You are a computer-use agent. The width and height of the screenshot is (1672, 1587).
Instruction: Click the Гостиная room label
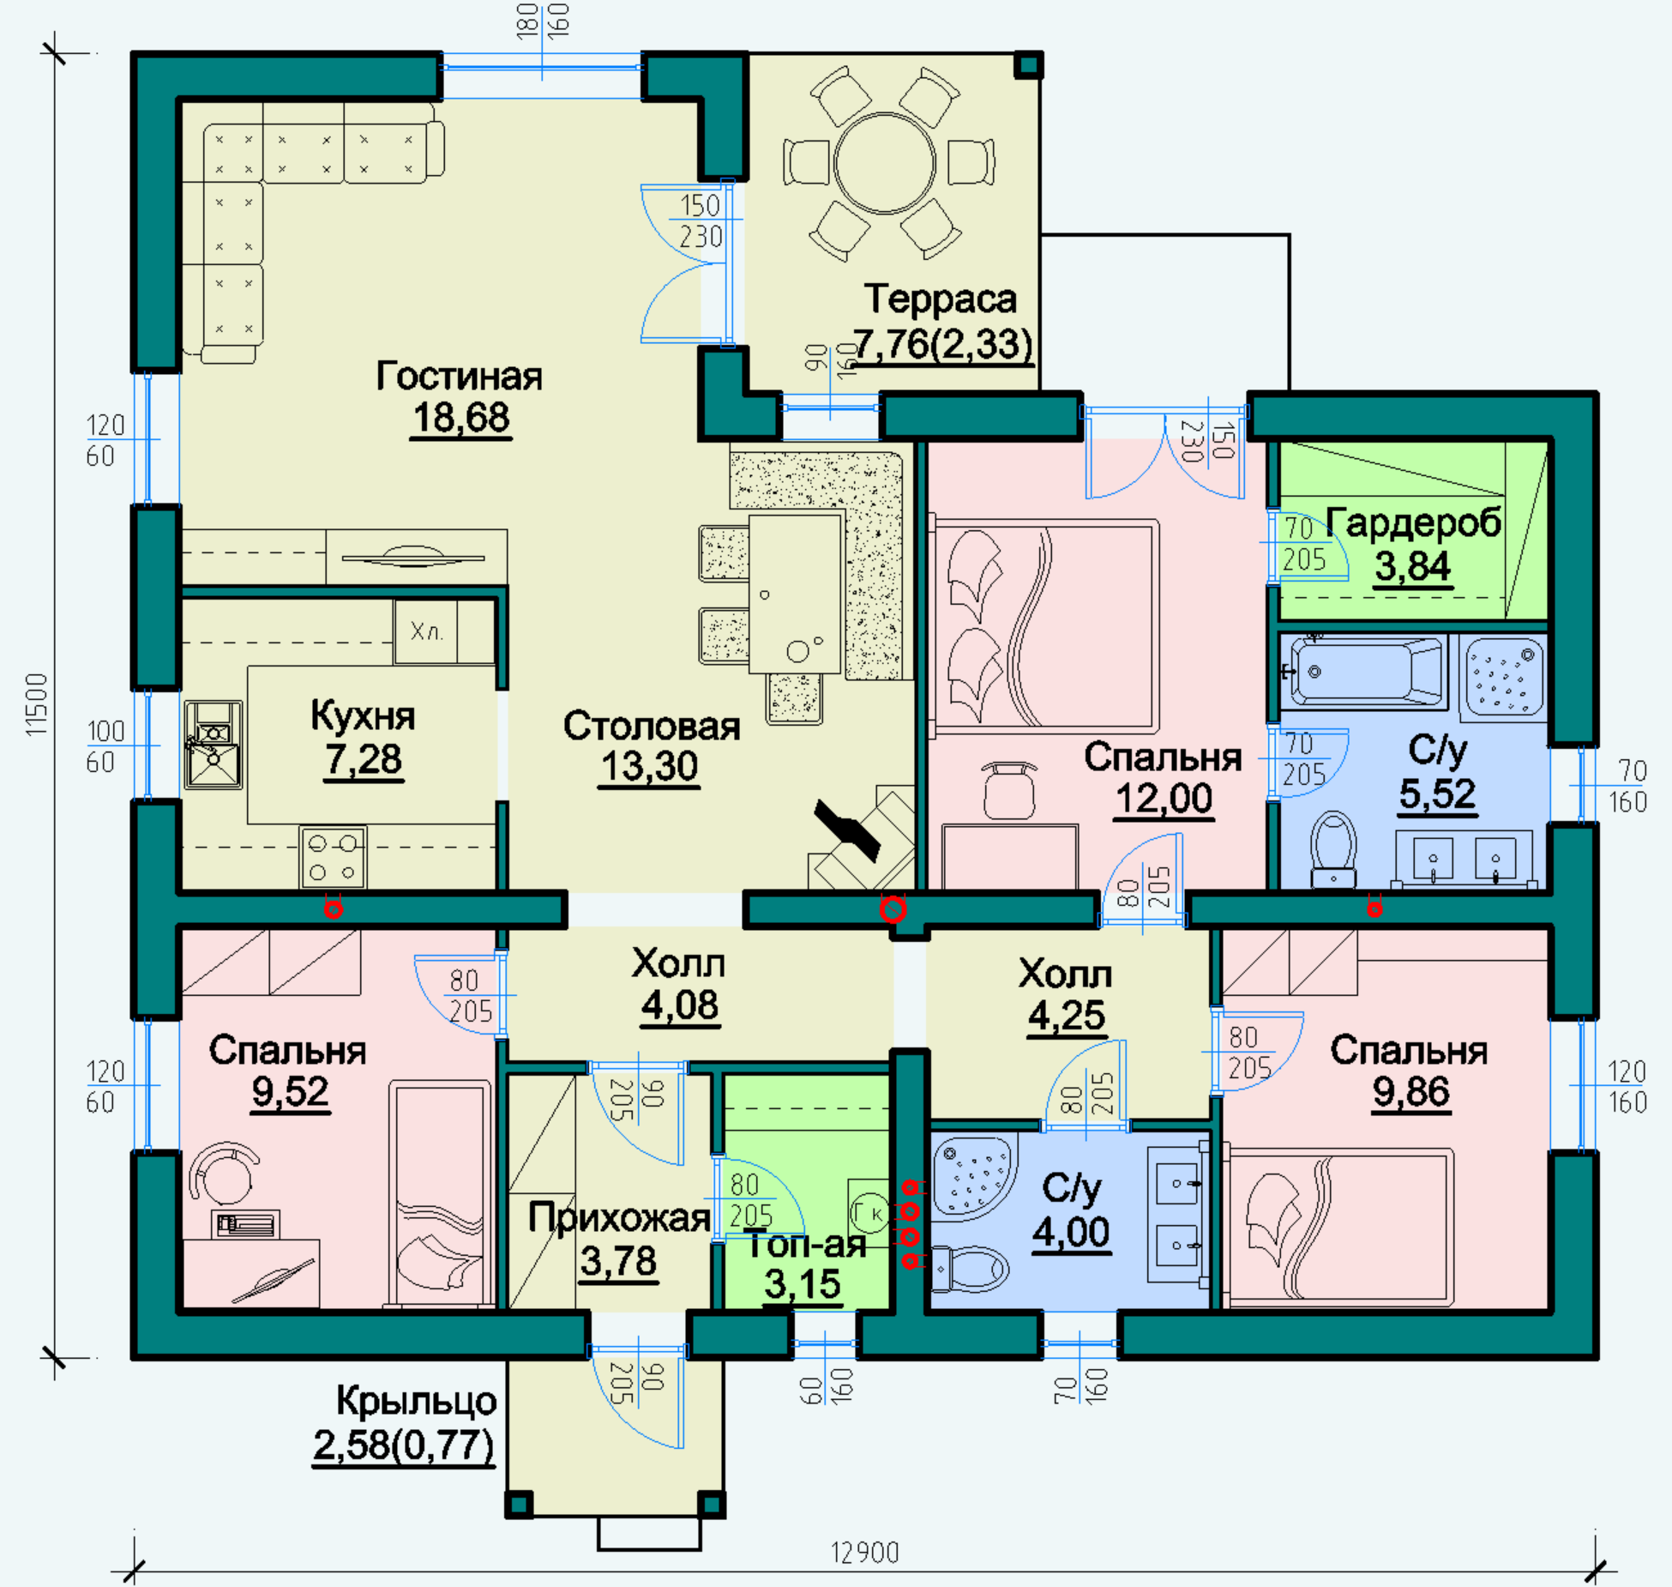click(x=460, y=377)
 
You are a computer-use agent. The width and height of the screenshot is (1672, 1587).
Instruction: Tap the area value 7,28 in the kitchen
click(x=364, y=760)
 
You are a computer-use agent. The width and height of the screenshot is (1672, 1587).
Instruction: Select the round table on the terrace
click(x=885, y=163)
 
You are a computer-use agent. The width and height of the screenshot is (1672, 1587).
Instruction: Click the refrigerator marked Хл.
click(x=426, y=632)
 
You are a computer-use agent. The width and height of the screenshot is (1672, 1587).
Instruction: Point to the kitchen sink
click(x=214, y=745)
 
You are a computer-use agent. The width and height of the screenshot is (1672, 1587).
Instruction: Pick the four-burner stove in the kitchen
click(x=333, y=858)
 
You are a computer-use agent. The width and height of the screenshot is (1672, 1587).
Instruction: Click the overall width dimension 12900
click(x=864, y=1553)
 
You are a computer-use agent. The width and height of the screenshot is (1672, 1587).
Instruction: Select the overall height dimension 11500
click(x=36, y=703)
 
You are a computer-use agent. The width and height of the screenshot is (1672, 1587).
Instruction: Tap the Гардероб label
click(x=1414, y=523)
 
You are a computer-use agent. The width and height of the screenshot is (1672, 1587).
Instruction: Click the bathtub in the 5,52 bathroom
click(x=1368, y=673)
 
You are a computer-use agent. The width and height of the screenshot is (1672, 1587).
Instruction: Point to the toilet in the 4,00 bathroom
click(x=971, y=1268)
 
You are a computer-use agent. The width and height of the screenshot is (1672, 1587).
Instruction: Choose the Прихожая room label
click(x=619, y=1218)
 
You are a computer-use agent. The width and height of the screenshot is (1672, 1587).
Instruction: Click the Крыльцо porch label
click(x=416, y=1402)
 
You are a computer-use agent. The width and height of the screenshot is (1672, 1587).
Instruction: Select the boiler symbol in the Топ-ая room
click(x=869, y=1212)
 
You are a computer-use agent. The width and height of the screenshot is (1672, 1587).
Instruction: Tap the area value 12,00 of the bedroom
click(x=1164, y=799)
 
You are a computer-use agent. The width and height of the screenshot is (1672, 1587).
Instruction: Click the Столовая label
click(x=652, y=727)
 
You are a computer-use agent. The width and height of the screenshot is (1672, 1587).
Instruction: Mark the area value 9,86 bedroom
click(x=1411, y=1092)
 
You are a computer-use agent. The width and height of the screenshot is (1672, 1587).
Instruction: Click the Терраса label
click(x=941, y=299)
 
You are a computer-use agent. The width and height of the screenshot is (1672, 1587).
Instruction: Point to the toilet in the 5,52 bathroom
click(x=1333, y=849)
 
